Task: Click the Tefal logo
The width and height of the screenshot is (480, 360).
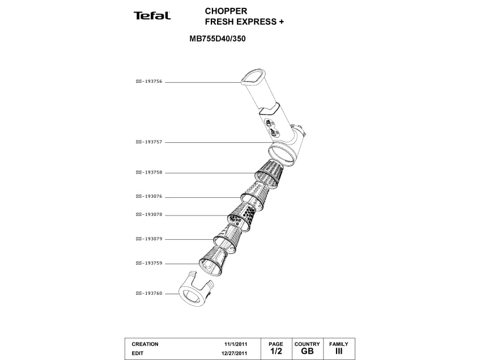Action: coord(152,16)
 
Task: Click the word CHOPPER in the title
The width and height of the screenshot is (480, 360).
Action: coord(226,11)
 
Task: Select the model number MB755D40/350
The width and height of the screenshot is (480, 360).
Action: coord(218,39)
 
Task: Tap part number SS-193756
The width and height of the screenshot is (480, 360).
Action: coord(149,82)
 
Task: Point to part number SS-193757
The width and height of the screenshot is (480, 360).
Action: coord(149,142)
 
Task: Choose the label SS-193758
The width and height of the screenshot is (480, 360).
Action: coord(149,173)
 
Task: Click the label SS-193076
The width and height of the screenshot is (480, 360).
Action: coord(149,197)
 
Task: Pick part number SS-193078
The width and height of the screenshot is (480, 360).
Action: coord(149,215)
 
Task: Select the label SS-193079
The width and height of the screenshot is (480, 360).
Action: coord(149,239)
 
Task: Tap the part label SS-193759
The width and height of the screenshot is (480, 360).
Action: coord(149,263)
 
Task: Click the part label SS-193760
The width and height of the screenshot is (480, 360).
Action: coord(149,294)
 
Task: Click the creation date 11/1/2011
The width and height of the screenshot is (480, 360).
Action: coord(236,344)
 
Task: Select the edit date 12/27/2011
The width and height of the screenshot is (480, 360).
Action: coord(234,353)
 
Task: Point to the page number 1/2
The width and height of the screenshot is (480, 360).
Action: coord(276,351)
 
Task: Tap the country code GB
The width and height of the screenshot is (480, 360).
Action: coord(307,351)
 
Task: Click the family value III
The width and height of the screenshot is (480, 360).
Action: coord(339,351)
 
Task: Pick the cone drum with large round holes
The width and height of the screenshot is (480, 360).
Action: coord(242,215)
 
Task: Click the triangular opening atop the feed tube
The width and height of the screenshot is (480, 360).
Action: coord(252,77)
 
